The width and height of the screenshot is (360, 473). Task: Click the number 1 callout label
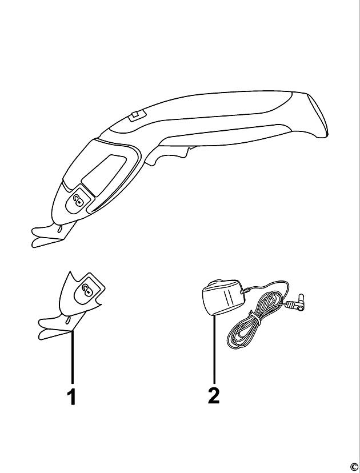click(x=71, y=397)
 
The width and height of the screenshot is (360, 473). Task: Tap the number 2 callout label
click(x=214, y=395)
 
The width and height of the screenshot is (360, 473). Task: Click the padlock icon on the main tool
click(x=79, y=200)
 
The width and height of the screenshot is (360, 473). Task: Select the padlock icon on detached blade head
click(x=87, y=289)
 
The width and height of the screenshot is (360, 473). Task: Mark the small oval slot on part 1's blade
click(x=68, y=319)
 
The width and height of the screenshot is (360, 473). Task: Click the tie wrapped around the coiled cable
click(x=254, y=318)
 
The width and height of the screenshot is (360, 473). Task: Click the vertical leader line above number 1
click(x=72, y=358)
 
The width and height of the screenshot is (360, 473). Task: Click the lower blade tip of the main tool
click(x=33, y=244)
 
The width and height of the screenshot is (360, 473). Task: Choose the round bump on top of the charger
click(x=217, y=282)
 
